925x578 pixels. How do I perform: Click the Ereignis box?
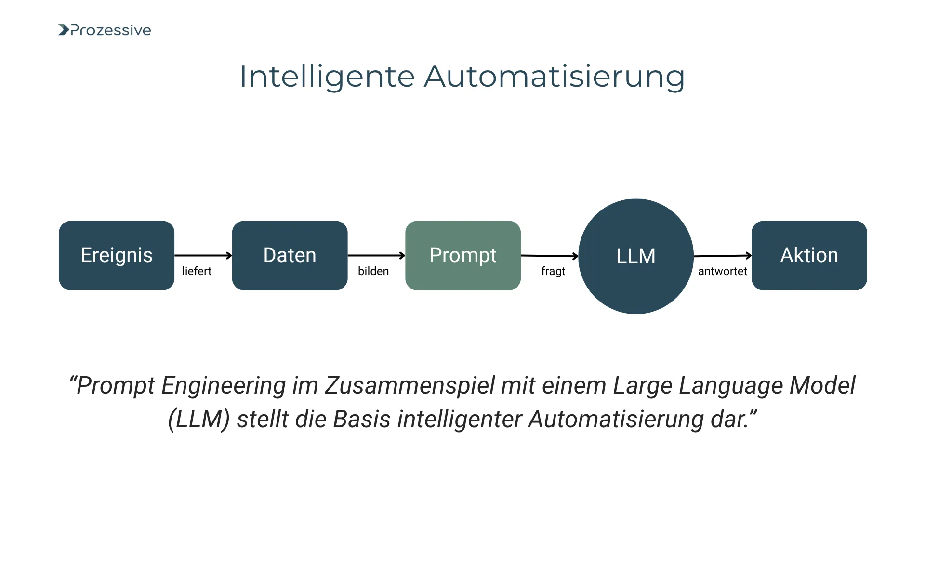tap(117, 255)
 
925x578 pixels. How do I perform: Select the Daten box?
tap(290, 255)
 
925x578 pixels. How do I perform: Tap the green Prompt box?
tap(462, 255)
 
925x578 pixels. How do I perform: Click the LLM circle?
tap(635, 256)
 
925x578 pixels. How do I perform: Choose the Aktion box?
tap(809, 255)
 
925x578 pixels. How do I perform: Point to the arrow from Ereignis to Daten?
tap(203, 255)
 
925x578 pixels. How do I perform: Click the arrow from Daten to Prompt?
tap(376, 255)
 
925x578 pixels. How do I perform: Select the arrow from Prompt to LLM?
tap(549, 256)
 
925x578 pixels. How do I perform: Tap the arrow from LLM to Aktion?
tap(722, 256)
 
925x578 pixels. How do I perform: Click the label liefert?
tap(197, 271)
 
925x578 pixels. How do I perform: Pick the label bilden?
tap(373, 271)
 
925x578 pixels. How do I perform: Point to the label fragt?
tap(553, 272)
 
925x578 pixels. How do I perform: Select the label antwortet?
tap(722, 271)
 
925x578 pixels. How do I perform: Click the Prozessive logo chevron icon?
tap(64, 30)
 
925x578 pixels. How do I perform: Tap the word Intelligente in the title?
tap(327, 77)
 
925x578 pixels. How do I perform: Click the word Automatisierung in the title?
tap(554, 77)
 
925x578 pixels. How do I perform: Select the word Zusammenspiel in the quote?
tap(410, 386)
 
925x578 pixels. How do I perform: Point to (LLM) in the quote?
tap(198, 419)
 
